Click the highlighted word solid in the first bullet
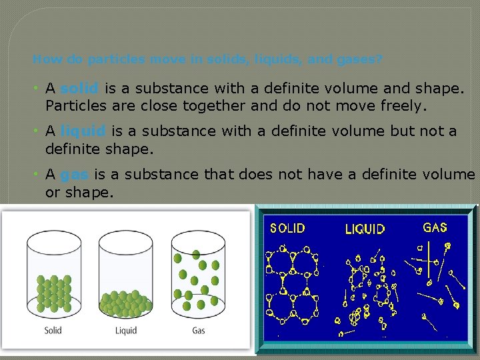click(80, 88)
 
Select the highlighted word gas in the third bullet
click(74, 175)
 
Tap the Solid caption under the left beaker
click(53, 330)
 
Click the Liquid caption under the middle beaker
click(126, 330)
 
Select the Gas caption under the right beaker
click(199, 330)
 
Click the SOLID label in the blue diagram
click(287, 228)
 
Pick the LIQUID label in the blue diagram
click(365, 229)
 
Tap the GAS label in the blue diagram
click(435, 227)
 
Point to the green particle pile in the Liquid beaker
click(126, 303)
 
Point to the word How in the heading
click(43, 59)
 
